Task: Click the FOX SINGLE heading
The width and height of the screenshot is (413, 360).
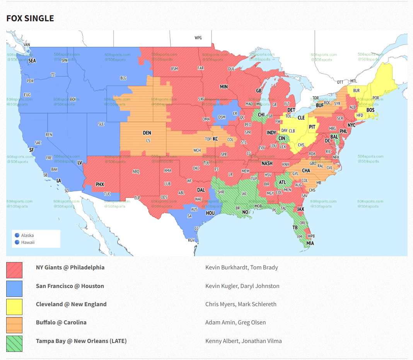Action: (x=30, y=18)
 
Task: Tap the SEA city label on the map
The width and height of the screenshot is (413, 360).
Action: (x=32, y=61)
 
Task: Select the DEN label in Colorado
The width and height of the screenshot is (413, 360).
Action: (x=147, y=133)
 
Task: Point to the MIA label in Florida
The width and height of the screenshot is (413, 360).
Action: (x=310, y=243)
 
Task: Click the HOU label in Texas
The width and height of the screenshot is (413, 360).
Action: (x=210, y=213)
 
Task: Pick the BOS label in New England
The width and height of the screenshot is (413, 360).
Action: (x=370, y=110)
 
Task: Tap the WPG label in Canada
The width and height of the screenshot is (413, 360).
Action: (x=198, y=38)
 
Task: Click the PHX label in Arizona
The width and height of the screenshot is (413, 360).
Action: (x=100, y=184)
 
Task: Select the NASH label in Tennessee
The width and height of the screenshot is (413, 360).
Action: (x=267, y=163)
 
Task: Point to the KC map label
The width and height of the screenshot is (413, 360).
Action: (x=215, y=139)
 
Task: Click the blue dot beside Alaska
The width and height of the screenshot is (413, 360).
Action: (x=17, y=235)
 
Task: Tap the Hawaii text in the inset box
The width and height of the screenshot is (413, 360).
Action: (x=28, y=242)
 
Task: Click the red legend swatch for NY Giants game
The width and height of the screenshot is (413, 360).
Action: (x=14, y=270)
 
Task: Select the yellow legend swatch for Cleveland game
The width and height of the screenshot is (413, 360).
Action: (x=14, y=307)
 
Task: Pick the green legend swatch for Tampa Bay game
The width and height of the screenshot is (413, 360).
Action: (x=14, y=343)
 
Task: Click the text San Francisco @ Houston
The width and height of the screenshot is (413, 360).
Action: (x=70, y=286)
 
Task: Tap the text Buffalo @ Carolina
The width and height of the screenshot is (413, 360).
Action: (x=61, y=322)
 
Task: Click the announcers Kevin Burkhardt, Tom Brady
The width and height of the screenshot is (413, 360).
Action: (x=241, y=267)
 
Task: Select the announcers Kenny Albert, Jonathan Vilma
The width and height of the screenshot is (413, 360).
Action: (x=243, y=341)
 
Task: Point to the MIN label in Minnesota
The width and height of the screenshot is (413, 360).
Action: (x=224, y=87)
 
